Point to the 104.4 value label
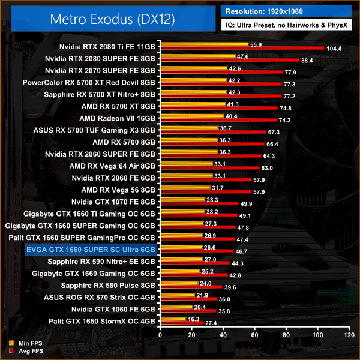334,49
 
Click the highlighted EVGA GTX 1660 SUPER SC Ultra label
91,248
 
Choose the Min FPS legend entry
23,343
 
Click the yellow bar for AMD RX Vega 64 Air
185,164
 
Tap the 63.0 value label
266,169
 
